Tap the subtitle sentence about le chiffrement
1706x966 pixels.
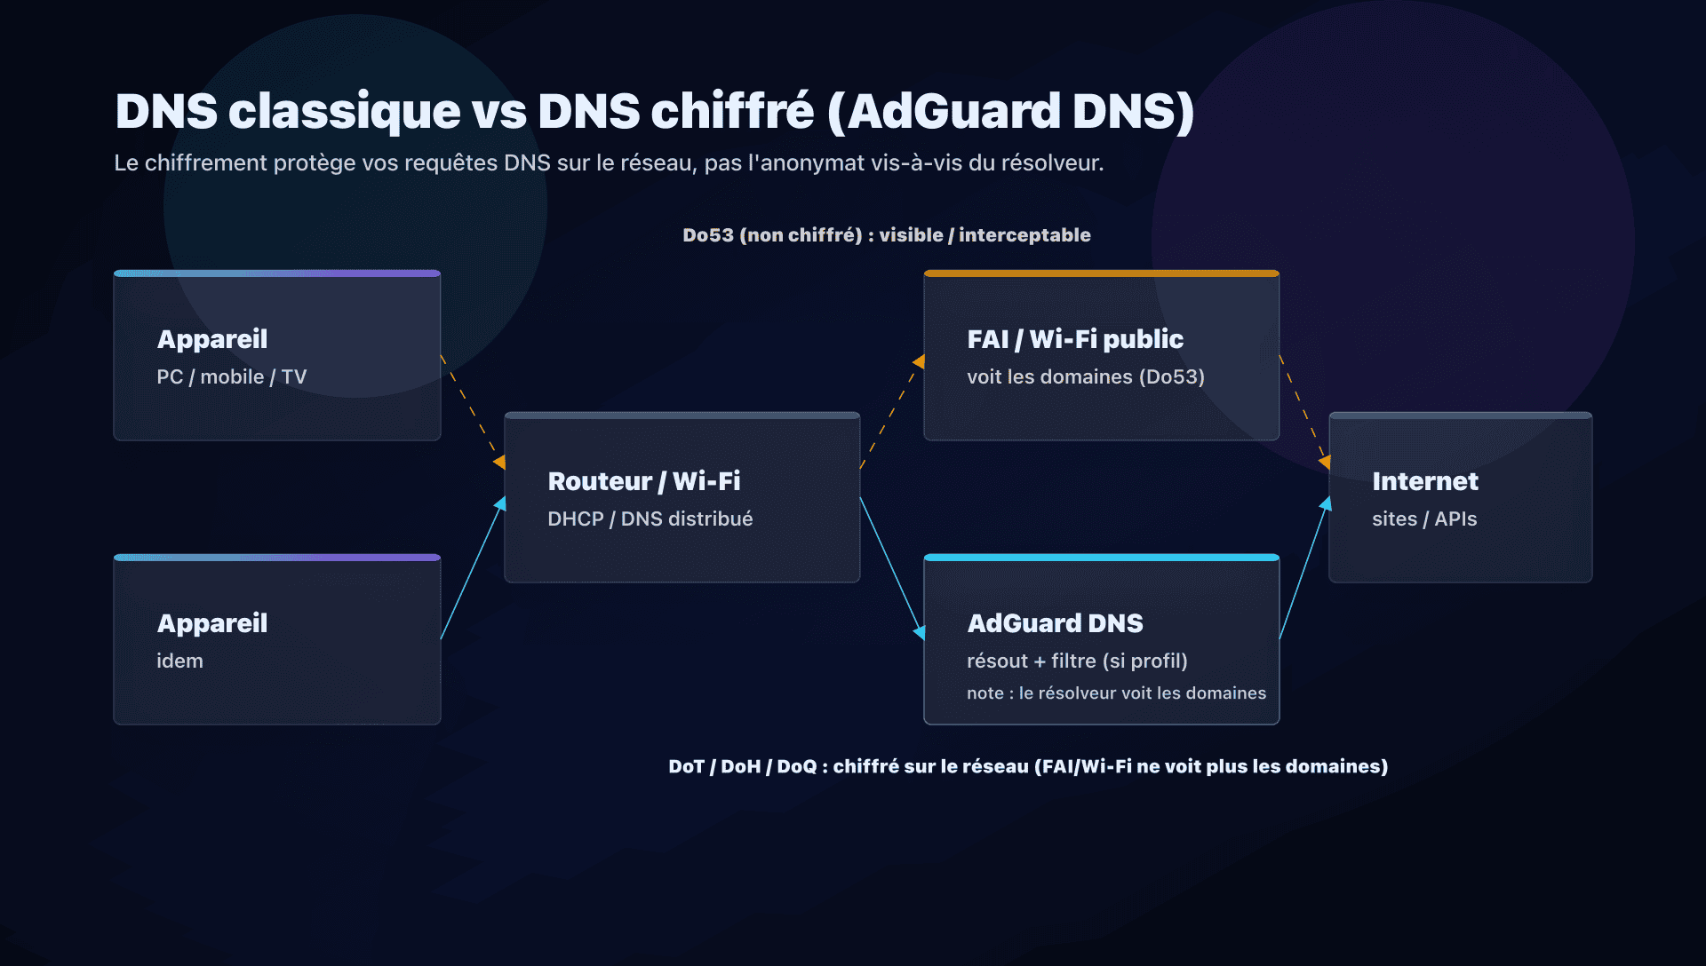pyautogui.click(x=608, y=163)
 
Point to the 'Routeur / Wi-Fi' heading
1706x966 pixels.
pyautogui.click(x=643, y=481)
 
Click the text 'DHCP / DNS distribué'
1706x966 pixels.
pyautogui.click(x=650, y=519)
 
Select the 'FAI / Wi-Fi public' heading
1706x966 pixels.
pyautogui.click(x=1074, y=339)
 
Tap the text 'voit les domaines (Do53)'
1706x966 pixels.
pyautogui.click(x=1085, y=377)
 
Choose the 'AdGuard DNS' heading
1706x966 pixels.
pyautogui.click(x=1055, y=623)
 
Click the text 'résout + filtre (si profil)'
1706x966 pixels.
pyautogui.click(x=1076, y=661)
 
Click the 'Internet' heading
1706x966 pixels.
pyautogui.click(x=1424, y=481)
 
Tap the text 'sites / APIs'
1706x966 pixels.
pyautogui.click(x=1423, y=519)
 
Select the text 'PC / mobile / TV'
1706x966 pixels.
pyautogui.click(x=231, y=377)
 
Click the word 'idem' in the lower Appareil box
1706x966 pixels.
pyautogui.click(x=179, y=661)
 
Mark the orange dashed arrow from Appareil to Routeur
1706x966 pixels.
pyautogui.click(x=472, y=409)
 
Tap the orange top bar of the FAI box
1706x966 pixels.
pyautogui.click(x=1101, y=273)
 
